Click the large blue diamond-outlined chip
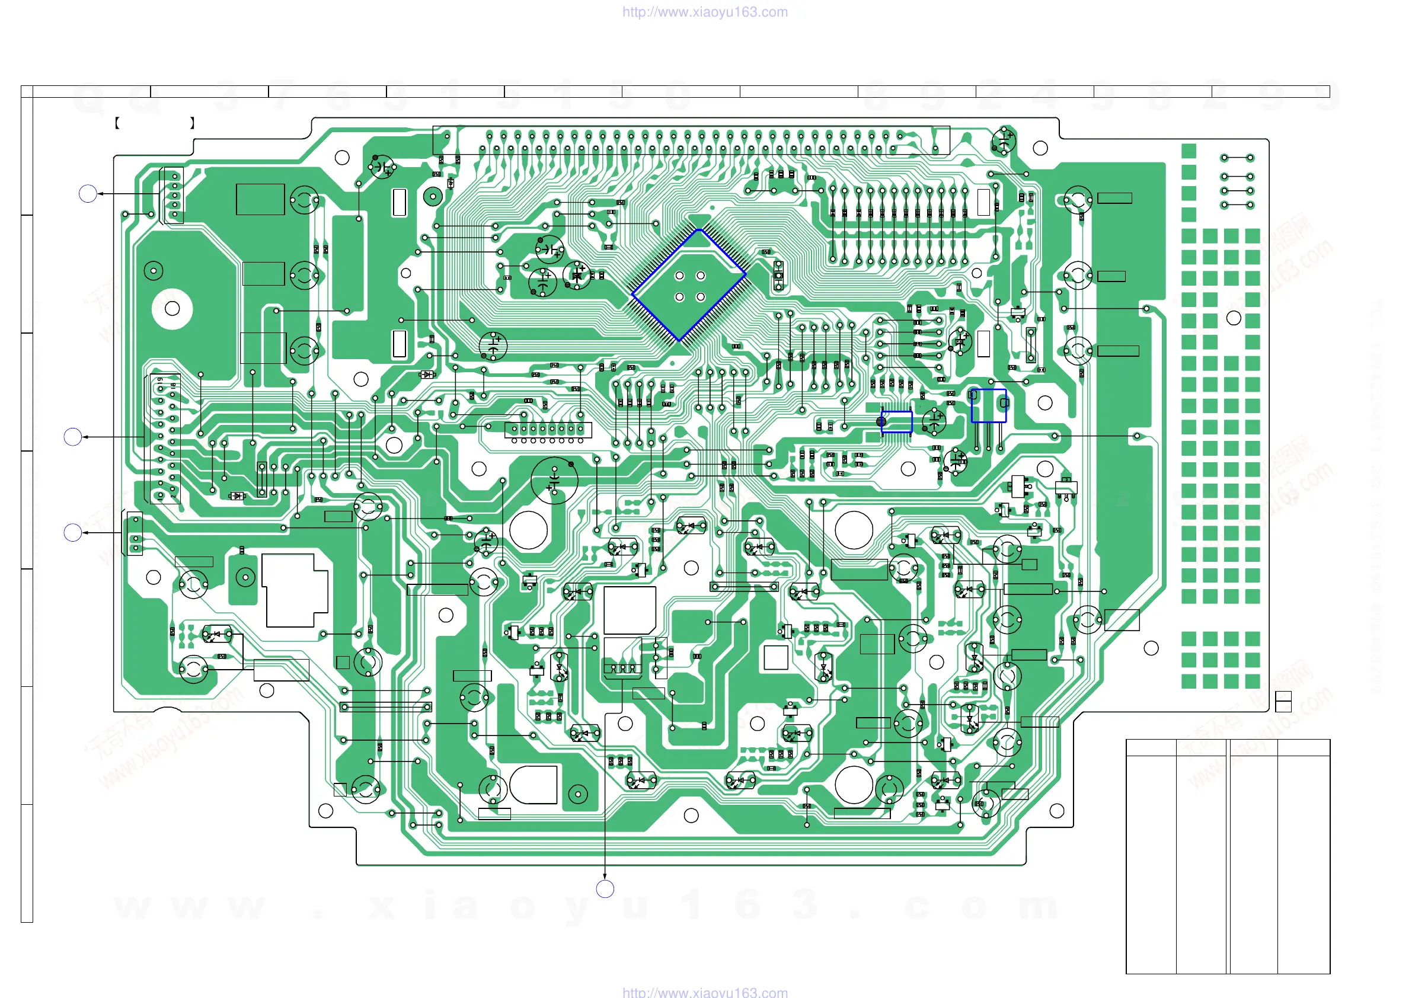(689, 285)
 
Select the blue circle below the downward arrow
(605, 888)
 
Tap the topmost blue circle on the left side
(88, 194)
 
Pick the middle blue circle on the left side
(72, 437)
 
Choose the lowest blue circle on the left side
(72, 533)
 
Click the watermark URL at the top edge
(705, 12)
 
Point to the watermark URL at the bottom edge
(705, 992)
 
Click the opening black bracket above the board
(117, 123)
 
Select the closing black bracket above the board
(193, 123)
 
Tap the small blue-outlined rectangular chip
(897, 422)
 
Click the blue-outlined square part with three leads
(988, 405)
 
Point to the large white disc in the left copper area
(172, 309)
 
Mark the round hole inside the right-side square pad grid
(1234, 318)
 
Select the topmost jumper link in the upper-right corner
(1237, 158)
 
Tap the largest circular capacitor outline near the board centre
(554, 480)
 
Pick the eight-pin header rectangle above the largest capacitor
(548, 429)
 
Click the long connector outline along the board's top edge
(691, 140)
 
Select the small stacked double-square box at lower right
(1283, 702)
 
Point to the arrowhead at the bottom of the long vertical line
(605, 876)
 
